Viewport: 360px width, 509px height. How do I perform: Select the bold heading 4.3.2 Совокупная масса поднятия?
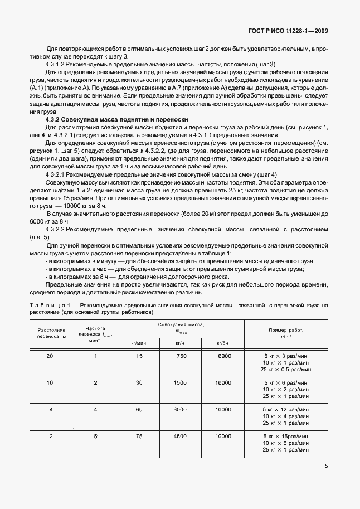point(116,119)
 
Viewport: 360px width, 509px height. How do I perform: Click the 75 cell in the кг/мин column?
point(139,436)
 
